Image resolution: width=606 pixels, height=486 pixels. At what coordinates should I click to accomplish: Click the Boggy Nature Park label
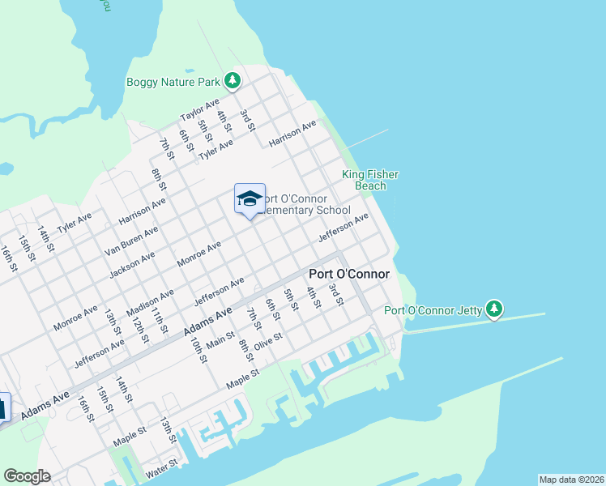pos(173,82)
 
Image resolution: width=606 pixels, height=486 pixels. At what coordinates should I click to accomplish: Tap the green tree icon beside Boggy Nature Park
pos(233,80)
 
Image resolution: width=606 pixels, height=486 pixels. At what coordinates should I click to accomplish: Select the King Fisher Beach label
pos(370,180)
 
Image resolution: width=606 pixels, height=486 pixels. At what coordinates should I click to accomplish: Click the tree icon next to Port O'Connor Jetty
pos(494,309)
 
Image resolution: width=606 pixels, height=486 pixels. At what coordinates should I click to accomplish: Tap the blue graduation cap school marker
pos(250,198)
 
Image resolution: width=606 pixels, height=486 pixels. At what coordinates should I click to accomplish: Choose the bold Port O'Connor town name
pos(349,274)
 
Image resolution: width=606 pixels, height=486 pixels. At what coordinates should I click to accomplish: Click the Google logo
pos(27,476)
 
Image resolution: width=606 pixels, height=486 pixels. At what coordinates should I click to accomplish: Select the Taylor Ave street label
pos(199,112)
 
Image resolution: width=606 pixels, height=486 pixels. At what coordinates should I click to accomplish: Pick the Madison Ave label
pos(151,304)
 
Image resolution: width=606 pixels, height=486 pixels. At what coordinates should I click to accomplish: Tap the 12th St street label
pos(139,326)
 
